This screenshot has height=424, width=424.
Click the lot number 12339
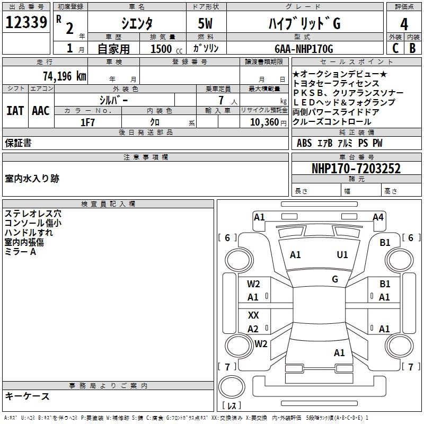pos(26,23)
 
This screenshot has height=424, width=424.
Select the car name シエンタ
pos(137,24)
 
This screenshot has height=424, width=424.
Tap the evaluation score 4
pos(404,24)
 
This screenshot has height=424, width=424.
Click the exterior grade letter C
pos(395,48)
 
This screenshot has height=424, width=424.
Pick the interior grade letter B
pos(412,48)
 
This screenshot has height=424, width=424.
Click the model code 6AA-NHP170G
pos(304,49)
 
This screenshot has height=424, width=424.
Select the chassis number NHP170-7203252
pos(356,169)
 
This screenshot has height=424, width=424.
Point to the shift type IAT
pos(15,111)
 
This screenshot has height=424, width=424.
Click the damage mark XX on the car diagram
pos(253,315)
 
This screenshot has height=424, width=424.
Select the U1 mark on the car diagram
pos(342,255)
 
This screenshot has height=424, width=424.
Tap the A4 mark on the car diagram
pos(378,217)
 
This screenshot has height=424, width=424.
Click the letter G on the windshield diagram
pos(335,279)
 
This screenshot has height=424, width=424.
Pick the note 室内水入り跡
pos(32,179)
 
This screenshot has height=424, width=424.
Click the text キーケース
pos(27,396)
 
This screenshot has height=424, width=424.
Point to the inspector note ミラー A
pos(20,252)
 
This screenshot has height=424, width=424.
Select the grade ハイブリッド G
pos(303,24)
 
